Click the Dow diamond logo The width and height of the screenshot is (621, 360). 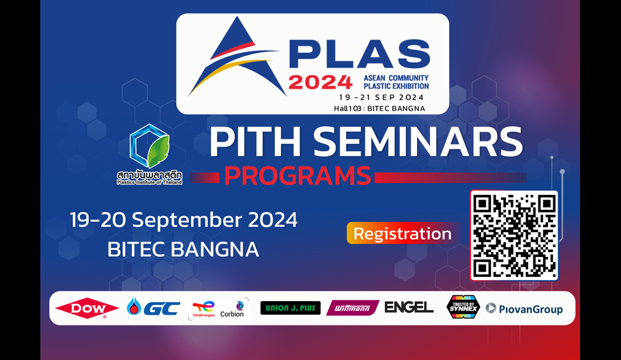point(87,308)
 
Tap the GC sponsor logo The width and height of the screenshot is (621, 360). point(153,307)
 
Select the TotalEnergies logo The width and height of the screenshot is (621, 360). point(203,309)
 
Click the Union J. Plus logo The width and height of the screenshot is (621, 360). point(290,308)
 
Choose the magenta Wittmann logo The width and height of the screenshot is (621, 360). point(352,308)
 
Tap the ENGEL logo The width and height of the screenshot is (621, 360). point(409,307)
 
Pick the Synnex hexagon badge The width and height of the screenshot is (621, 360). point(463,307)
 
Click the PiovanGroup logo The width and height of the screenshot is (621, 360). point(524,309)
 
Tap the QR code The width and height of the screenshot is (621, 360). point(514,236)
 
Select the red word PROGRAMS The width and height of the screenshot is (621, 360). point(297,176)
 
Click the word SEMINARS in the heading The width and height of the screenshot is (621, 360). point(418,141)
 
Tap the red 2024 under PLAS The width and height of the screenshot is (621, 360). point(320,82)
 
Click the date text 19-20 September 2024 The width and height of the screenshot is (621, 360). point(184,219)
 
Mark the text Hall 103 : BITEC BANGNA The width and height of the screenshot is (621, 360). point(379,109)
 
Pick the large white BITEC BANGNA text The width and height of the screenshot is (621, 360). point(183,249)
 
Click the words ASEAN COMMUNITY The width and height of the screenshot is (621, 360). point(396,78)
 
